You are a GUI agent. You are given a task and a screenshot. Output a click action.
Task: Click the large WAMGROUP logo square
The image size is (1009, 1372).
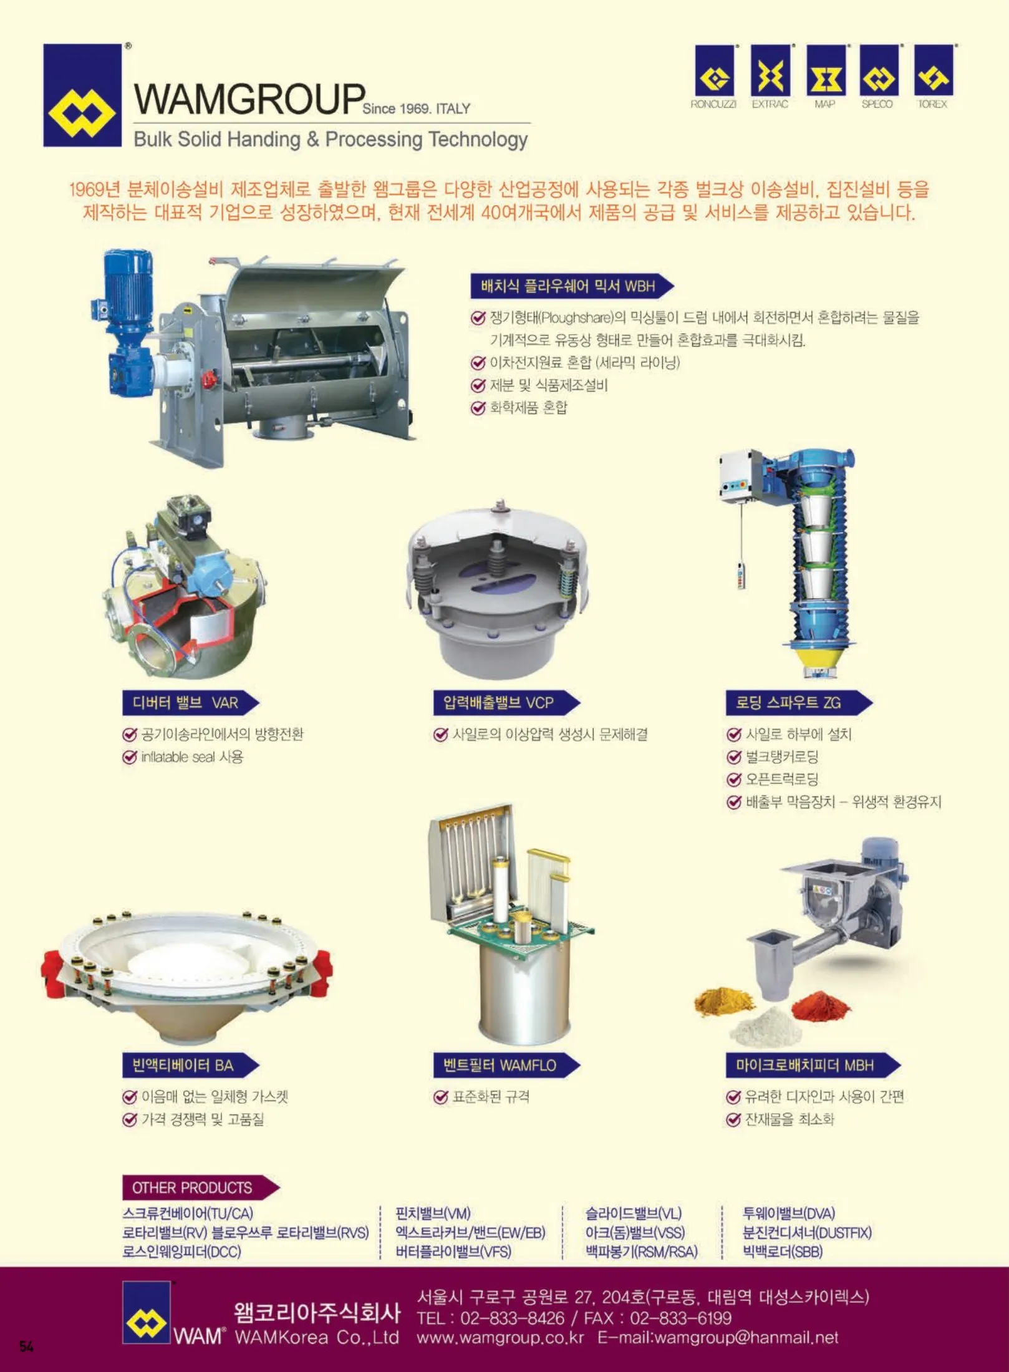[82, 95]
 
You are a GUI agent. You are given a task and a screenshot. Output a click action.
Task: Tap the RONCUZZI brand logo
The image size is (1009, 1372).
[714, 71]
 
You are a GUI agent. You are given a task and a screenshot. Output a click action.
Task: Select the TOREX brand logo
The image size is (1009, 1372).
[934, 71]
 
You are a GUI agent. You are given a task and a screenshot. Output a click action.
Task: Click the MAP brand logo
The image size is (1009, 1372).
[826, 71]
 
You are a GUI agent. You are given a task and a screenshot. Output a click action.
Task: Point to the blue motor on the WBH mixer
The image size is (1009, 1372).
[128, 292]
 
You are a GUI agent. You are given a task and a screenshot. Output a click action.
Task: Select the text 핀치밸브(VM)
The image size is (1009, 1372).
[433, 1214]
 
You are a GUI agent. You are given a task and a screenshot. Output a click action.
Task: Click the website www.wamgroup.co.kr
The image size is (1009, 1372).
[500, 1338]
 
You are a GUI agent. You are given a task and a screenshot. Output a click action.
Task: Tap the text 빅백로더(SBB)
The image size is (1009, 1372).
[783, 1252]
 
